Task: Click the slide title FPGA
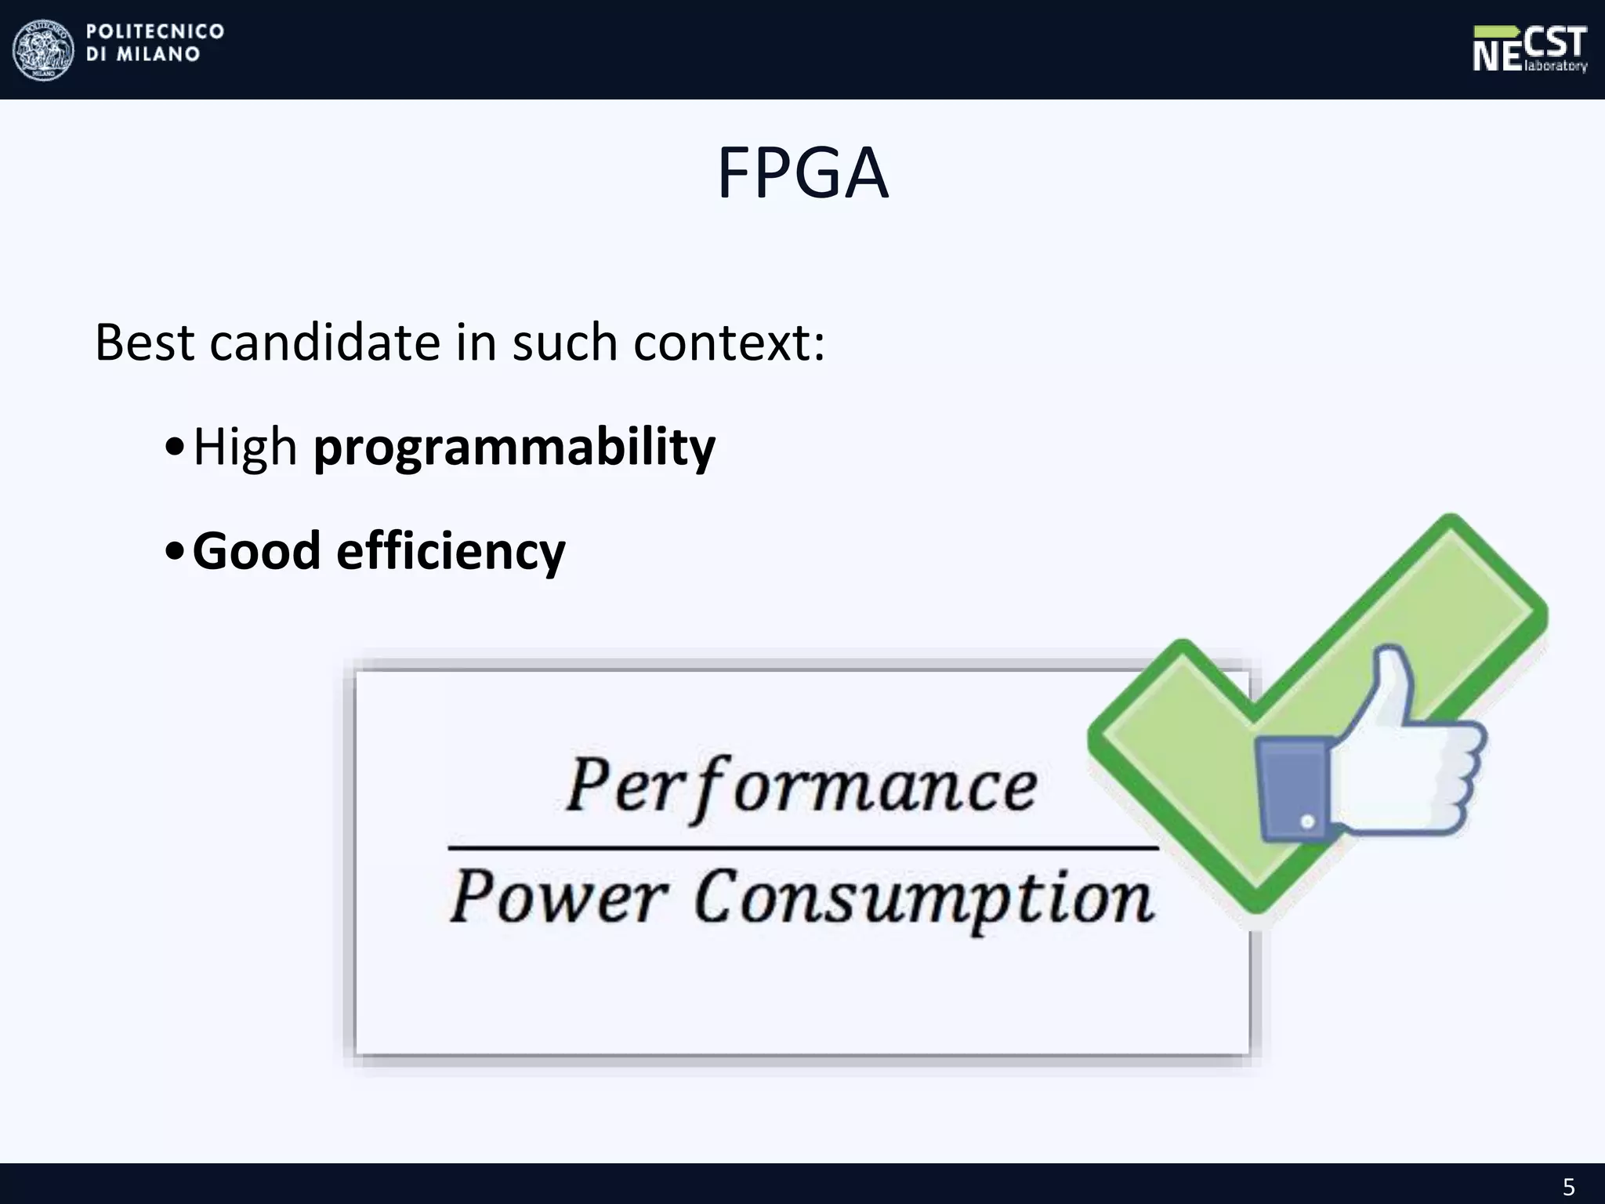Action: click(802, 174)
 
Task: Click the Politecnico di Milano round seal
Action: click(43, 49)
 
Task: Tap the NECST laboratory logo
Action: click(1529, 49)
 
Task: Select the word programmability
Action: click(514, 447)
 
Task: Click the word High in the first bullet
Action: click(245, 447)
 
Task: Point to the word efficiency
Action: click(451, 551)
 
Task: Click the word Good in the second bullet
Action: click(256, 551)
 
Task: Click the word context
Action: click(728, 344)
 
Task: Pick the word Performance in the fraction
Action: click(801, 786)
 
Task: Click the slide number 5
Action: click(1568, 1187)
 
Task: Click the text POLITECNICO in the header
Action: click(155, 31)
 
